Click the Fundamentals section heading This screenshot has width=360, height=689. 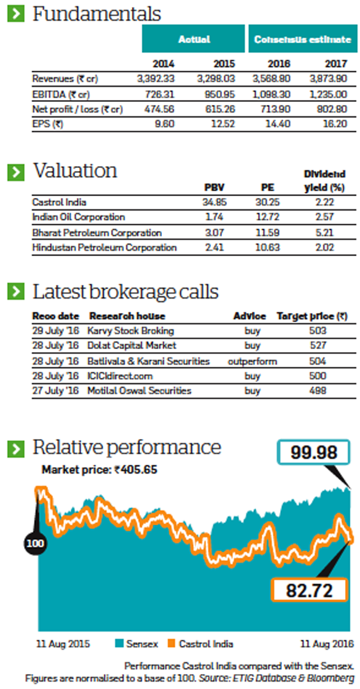[96, 14]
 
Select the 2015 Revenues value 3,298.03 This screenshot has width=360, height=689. [216, 79]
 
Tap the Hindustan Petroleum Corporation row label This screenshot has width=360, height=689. [104, 247]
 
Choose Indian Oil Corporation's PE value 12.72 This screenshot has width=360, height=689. [266, 217]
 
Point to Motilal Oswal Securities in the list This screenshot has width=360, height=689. [139, 391]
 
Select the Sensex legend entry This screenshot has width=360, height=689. [136, 645]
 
